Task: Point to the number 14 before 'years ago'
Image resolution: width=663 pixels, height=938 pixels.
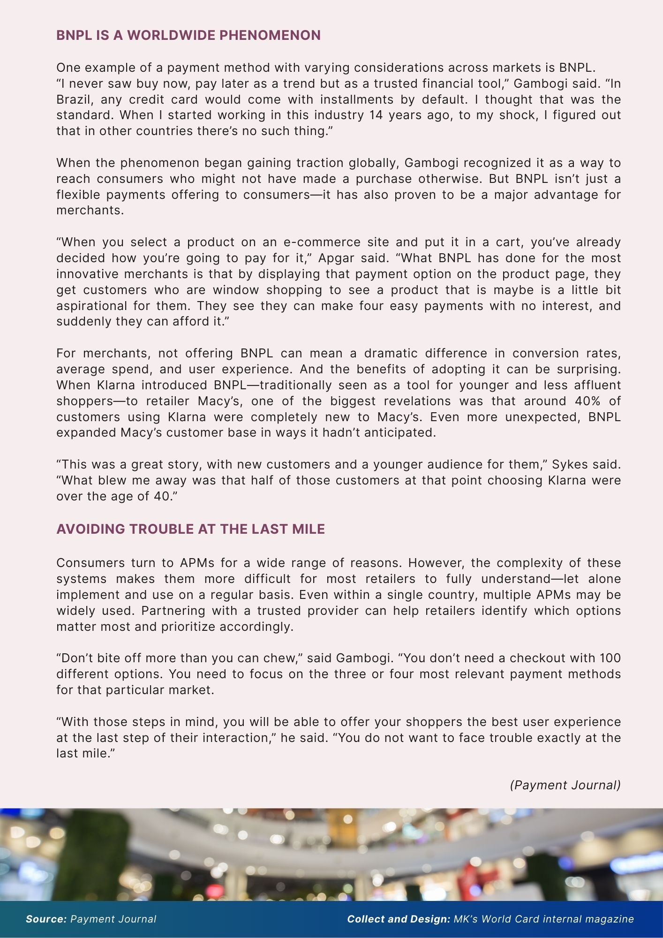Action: click(x=376, y=115)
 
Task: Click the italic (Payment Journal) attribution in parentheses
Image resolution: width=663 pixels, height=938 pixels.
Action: click(x=565, y=785)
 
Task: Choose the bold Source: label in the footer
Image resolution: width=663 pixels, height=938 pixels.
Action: click(x=46, y=919)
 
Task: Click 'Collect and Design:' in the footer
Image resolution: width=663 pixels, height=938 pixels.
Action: click(x=399, y=919)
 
